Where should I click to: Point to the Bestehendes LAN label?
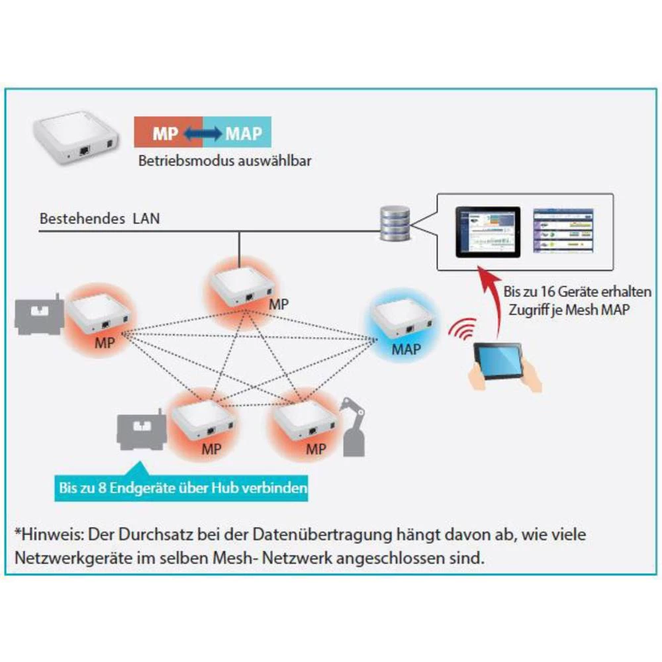click(99, 218)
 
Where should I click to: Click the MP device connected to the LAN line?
click(242, 285)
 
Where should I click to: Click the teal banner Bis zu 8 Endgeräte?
click(182, 489)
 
